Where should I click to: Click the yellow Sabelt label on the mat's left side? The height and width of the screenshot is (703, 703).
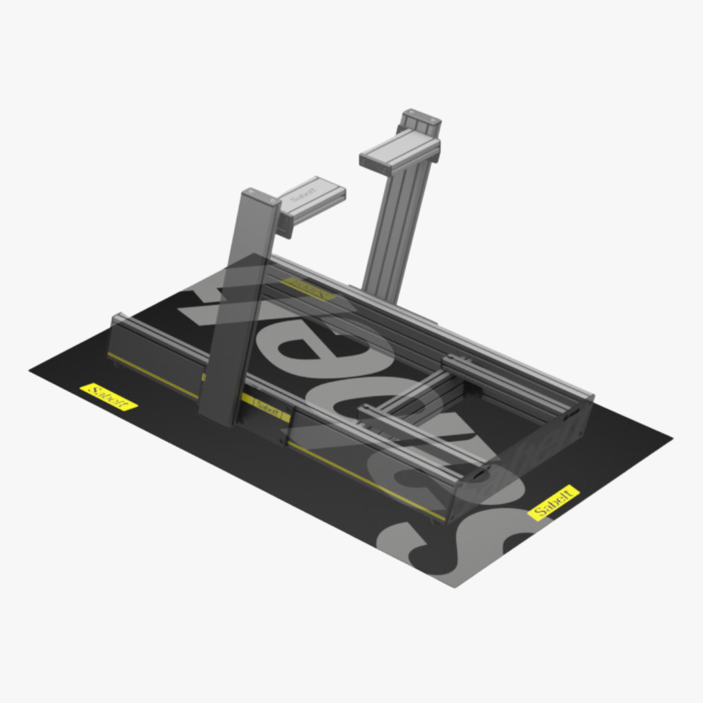pos(108,396)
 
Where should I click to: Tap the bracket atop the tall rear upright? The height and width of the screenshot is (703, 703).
pos(420,121)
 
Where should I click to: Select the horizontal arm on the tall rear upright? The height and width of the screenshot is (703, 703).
pos(398,152)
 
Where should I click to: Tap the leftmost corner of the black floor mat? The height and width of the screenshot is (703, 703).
pos(31,370)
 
